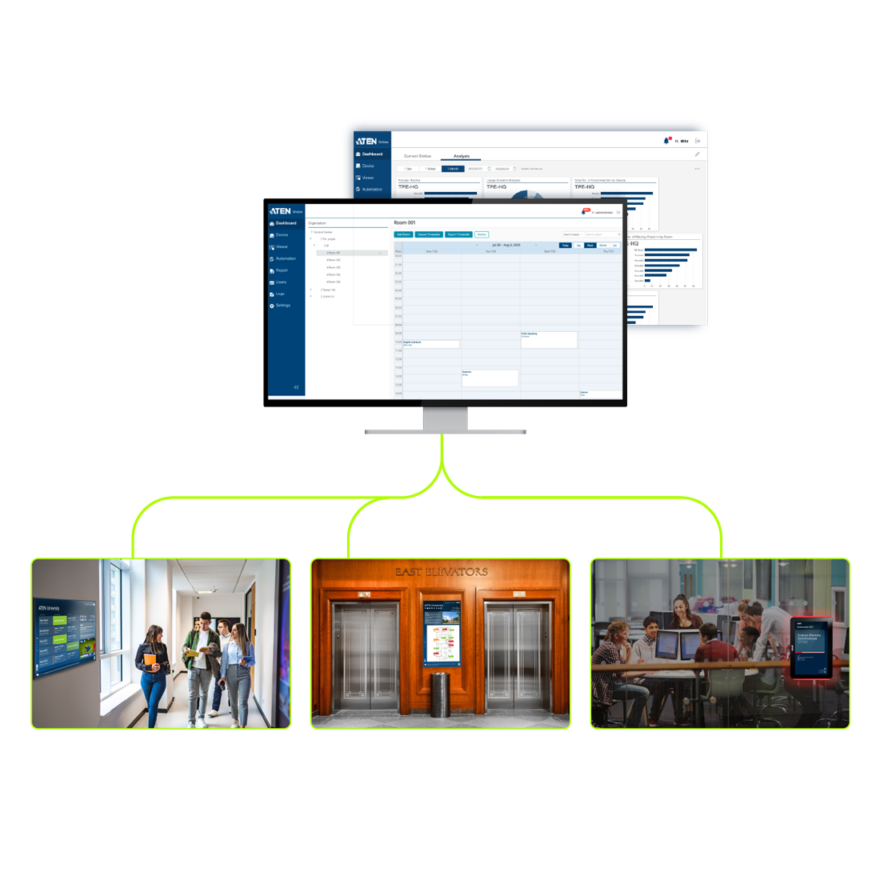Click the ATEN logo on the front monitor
(280, 210)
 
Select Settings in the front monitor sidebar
(282, 306)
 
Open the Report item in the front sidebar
(281, 270)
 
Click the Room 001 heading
(405, 222)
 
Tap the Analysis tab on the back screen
(462, 156)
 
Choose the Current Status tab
(418, 156)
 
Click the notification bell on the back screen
(666, 141)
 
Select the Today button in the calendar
(566, 246)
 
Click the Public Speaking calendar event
(549, 339)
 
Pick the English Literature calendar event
(430, 344)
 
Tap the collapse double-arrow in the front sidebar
(296, 387)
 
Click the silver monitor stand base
(445, 431)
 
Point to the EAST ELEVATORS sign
(441, 572)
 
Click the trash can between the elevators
(441, 694)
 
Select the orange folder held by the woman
(150, 661)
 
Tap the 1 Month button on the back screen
(453, 169)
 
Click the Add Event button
(404, 234)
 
